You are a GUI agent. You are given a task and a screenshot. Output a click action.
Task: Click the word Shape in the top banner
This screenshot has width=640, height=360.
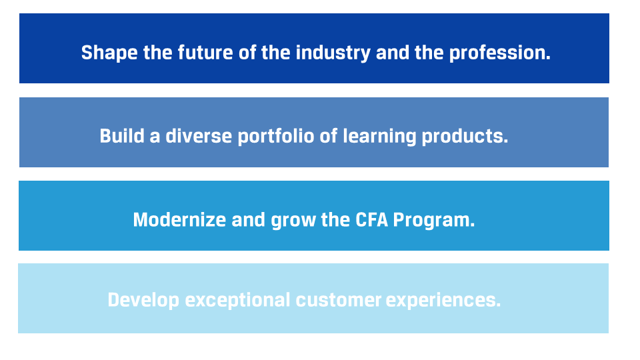[x=109, y=53]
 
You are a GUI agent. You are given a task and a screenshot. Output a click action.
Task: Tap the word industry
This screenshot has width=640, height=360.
[x=333, y=53]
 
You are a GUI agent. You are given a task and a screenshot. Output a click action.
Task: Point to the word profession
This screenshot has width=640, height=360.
[x=500, y=53]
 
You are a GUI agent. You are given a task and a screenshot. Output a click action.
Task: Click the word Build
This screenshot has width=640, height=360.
[x=122, y=136]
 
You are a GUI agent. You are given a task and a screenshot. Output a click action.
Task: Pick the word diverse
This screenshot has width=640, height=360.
[x=199, y=136]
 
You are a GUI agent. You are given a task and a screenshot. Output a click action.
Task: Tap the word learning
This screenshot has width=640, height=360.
[x=379, y=137]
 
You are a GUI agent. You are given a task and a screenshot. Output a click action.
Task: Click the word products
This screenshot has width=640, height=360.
[x=465, y=137]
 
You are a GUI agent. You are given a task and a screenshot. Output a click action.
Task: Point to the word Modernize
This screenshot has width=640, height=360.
[x=179, y=220]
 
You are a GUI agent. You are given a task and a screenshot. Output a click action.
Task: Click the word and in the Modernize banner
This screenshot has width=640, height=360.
[x=249, y=220]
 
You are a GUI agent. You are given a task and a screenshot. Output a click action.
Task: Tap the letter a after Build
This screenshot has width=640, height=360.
[x=155, y=137]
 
